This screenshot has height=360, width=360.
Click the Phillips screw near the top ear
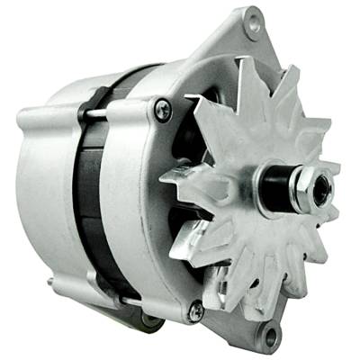point(163,111)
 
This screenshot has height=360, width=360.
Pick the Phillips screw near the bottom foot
point(194,310)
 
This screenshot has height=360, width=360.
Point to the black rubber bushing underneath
point(144,320)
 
